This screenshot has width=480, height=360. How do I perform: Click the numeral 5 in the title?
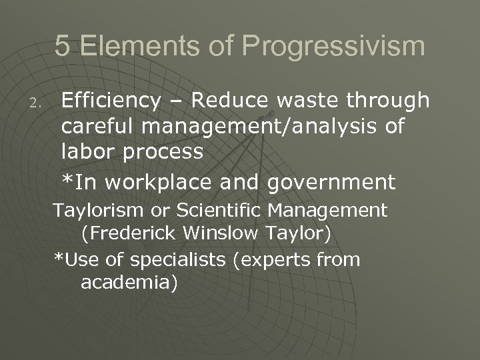click(62, 47)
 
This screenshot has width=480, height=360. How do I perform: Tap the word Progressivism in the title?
click(333, 47)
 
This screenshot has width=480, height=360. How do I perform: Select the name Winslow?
click(222, 234)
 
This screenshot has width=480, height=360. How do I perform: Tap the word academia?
click(129, 282)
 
